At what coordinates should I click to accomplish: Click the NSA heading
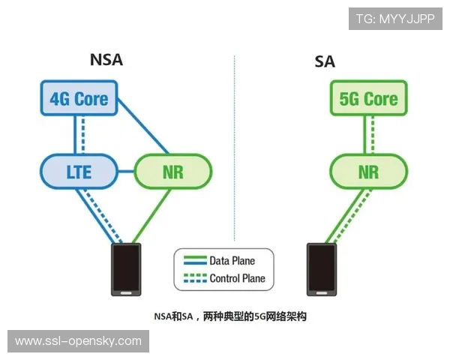coord(106,61)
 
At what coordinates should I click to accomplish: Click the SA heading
coord(325,61)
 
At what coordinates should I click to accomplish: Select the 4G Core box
coord(79,99)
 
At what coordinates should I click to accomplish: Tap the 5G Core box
coord(368,99)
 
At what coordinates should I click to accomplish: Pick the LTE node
coord(79,172)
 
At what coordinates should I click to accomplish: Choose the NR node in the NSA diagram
coord(172,172)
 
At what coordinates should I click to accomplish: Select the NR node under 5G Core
coord(368,172)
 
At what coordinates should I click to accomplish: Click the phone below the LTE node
coord(125,269)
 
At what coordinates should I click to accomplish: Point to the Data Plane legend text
coord(232,261)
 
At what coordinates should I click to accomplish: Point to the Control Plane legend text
coord(237,278)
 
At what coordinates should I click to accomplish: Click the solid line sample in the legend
coord(193,261)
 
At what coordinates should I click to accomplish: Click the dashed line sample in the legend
coord(193,278)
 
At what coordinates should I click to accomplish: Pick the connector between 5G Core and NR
coord(368,135)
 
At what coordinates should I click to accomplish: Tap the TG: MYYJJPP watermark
coord(395,19)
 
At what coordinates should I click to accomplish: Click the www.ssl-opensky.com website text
coord(78,341)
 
